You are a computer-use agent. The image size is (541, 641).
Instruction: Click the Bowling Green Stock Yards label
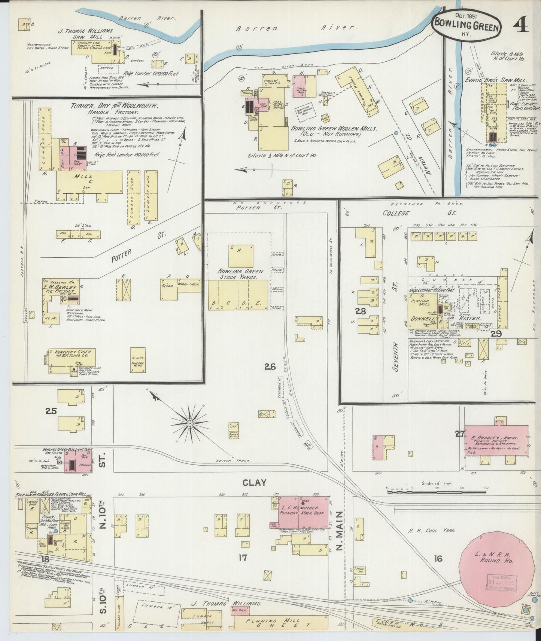pos(241,274)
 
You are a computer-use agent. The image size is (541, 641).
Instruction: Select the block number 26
pos(270,367)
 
